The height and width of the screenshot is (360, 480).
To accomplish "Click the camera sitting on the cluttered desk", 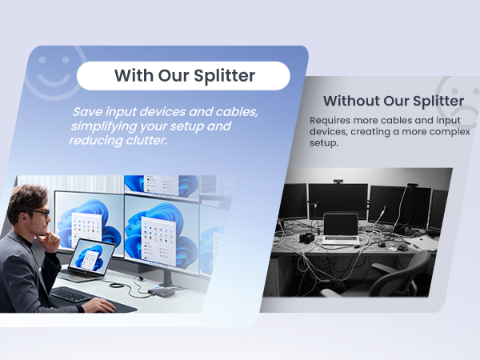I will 306,238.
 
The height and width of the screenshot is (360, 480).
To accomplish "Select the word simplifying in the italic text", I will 102,126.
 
